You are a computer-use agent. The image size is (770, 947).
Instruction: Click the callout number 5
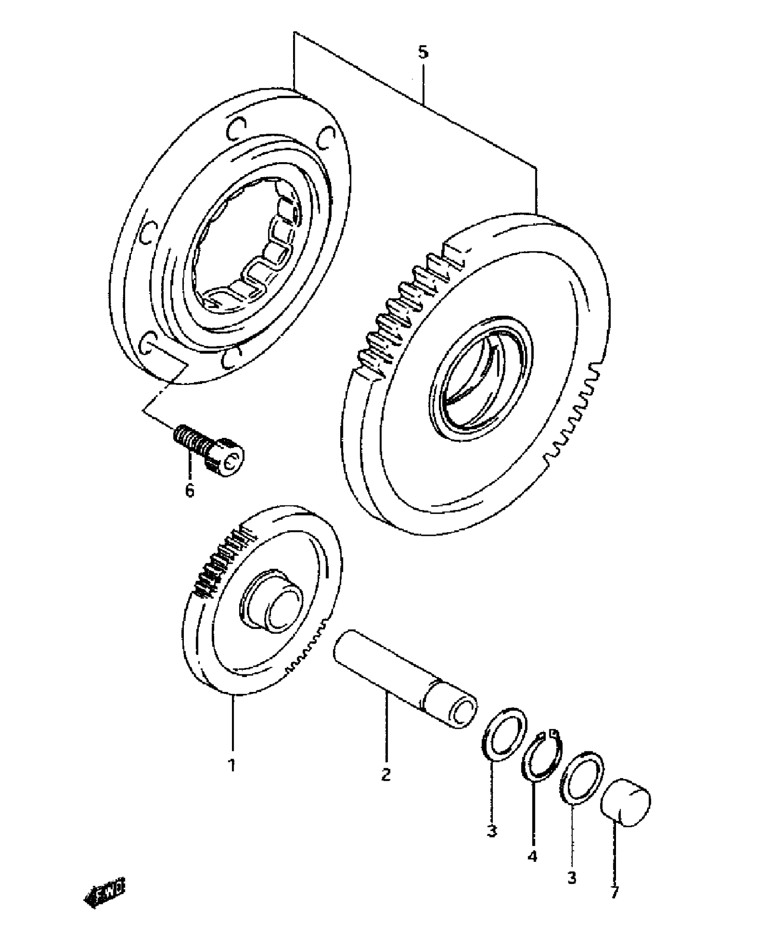pos(422,53)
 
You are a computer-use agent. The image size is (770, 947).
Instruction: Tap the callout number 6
pos(190,490)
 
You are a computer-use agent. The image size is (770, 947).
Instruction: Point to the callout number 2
pos(386,774)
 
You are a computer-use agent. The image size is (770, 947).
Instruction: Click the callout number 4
pos(533,856)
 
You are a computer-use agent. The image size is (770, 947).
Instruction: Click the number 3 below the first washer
pos(492,831)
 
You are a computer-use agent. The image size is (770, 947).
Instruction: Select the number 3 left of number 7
pos(572,878)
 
